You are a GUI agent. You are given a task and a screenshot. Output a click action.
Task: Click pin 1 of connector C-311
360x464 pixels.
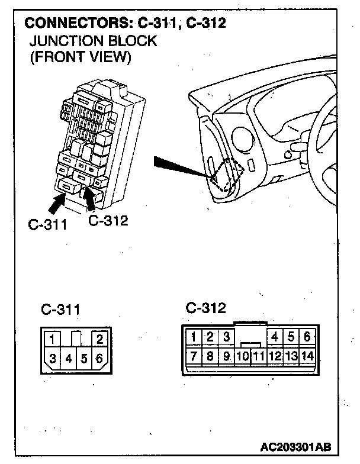53,339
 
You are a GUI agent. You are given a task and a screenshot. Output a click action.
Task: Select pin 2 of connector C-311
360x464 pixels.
99,339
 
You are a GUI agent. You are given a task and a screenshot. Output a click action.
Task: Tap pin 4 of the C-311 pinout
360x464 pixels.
68,358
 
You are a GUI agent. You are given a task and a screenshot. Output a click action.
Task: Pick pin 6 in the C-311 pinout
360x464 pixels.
99,358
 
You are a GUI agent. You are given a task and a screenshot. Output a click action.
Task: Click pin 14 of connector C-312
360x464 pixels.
307,356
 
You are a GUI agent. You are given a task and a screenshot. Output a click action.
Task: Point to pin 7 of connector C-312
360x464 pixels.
193,356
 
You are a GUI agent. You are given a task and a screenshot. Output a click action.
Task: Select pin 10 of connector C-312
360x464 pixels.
242,357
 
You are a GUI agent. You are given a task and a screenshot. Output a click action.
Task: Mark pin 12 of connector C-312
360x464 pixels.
275,356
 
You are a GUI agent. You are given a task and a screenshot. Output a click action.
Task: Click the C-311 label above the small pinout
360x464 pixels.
61,310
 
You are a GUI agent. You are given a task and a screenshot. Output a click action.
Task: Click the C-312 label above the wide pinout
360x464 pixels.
206,308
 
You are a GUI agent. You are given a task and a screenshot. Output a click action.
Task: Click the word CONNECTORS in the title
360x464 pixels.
69,24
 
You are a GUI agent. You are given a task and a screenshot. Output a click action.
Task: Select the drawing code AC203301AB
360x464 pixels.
295,445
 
